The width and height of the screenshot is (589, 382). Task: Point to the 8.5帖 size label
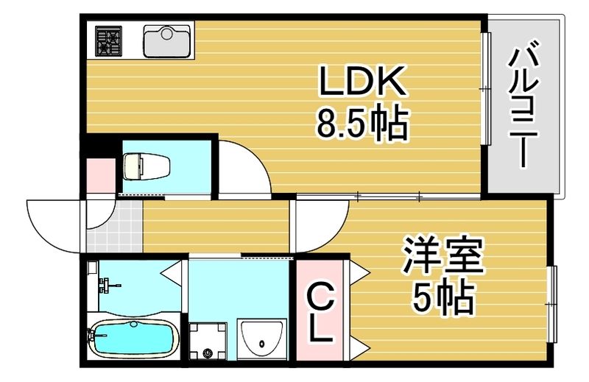point(361,125)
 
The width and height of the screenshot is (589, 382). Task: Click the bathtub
point(133,341)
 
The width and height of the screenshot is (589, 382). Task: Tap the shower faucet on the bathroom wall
point(105,283)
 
